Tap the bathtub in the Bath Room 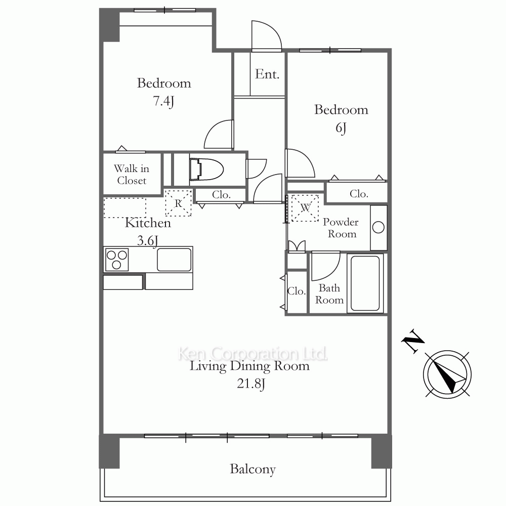point(365,283)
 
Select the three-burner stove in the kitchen point(117,260)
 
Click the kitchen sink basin point(174,260)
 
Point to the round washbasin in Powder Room point(378,228)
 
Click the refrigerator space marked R point(179,203)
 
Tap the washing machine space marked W point(305,208)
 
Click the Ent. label point(267,74)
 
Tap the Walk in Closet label point(132,174)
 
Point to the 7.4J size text point(163,101)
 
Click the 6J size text point(341,128)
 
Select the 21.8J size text point(251,384)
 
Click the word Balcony point(252,469)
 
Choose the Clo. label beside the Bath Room point(296,291)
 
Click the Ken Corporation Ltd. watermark point(252,354)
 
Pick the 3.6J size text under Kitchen point(148,240)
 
